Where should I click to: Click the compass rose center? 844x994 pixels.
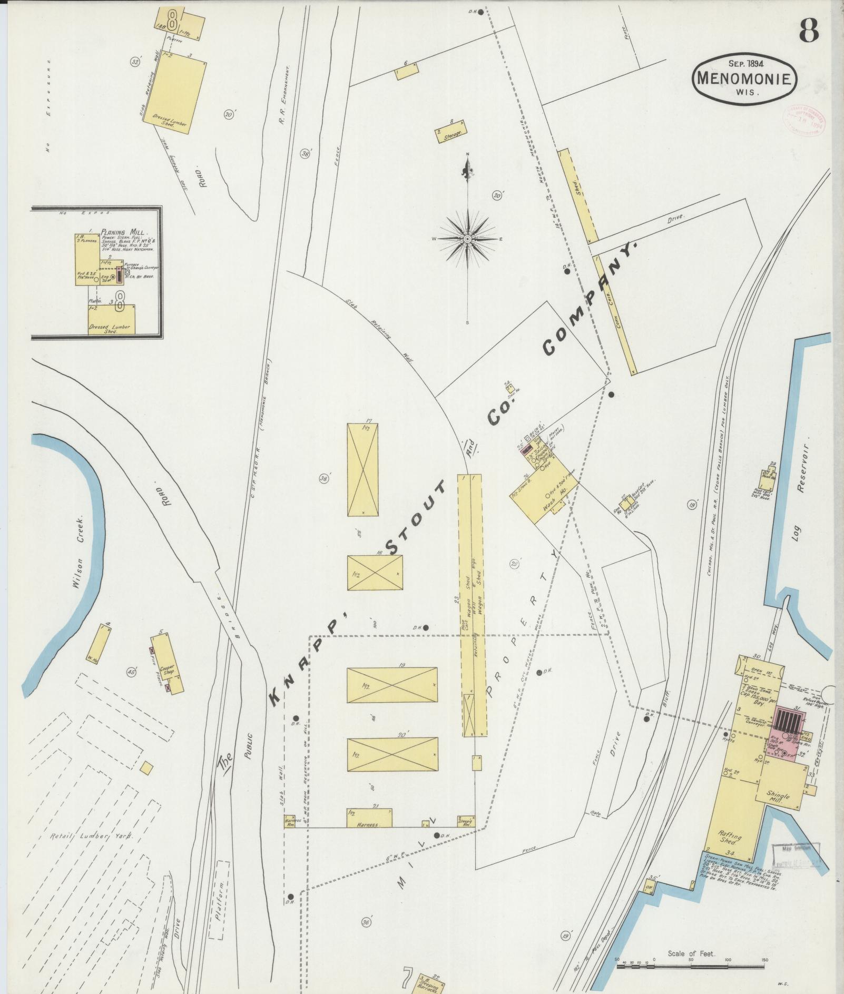(x=467, y=239)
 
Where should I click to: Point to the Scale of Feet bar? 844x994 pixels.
(x=691, y=966)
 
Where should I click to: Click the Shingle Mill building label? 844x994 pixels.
(x=778, y=797)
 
